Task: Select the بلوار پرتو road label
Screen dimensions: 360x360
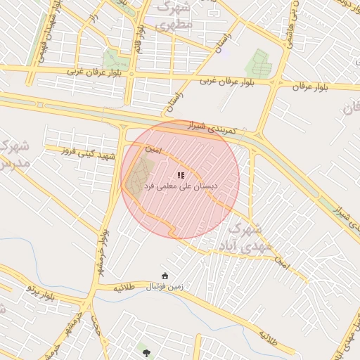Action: pyautogui.click(x=40, y=288)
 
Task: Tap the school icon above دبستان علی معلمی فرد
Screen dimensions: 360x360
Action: pyautogui.click(x=181, y=175)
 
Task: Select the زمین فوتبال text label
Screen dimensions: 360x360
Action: pyautogui.click(x=164, y=287)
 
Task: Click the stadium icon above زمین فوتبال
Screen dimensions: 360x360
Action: pyautogui.click(x=165, y=276)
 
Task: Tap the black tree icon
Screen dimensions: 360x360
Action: pyautogui.click(x=146, y=352)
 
